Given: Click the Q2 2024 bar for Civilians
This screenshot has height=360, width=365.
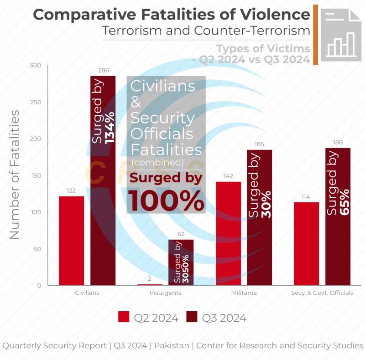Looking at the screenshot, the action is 72,241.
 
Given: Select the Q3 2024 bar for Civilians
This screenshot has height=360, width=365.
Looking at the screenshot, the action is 103,181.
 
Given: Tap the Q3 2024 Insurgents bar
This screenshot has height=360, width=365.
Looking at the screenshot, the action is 181,262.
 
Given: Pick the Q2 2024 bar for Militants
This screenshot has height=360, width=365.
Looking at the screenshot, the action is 229,233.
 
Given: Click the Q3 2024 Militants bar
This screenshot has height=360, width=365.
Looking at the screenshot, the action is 259,217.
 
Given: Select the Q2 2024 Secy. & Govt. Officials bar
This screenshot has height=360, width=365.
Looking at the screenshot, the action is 306,244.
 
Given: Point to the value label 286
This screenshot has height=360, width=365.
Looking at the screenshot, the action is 104,70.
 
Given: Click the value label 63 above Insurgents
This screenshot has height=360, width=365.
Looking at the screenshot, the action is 181,234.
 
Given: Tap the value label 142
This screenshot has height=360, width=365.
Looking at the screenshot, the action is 229,176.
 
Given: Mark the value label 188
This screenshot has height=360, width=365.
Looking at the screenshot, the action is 338,142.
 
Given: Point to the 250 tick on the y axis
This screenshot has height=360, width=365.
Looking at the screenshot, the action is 36,102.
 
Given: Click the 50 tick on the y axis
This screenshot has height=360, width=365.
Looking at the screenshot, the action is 37,249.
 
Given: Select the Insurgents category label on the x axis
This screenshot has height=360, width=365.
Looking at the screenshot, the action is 166,293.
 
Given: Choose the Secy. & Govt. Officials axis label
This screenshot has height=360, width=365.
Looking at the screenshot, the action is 322,293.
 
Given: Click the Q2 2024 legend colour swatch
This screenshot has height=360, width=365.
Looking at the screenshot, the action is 124,317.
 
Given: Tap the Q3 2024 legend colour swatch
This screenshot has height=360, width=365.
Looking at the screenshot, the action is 192,317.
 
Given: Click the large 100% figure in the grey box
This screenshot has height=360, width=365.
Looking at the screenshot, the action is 166,201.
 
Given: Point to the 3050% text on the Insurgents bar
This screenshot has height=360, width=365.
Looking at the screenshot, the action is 186,269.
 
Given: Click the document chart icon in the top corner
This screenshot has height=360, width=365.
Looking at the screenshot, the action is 341,35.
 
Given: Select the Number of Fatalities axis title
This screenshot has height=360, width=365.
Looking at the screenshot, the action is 15,175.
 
